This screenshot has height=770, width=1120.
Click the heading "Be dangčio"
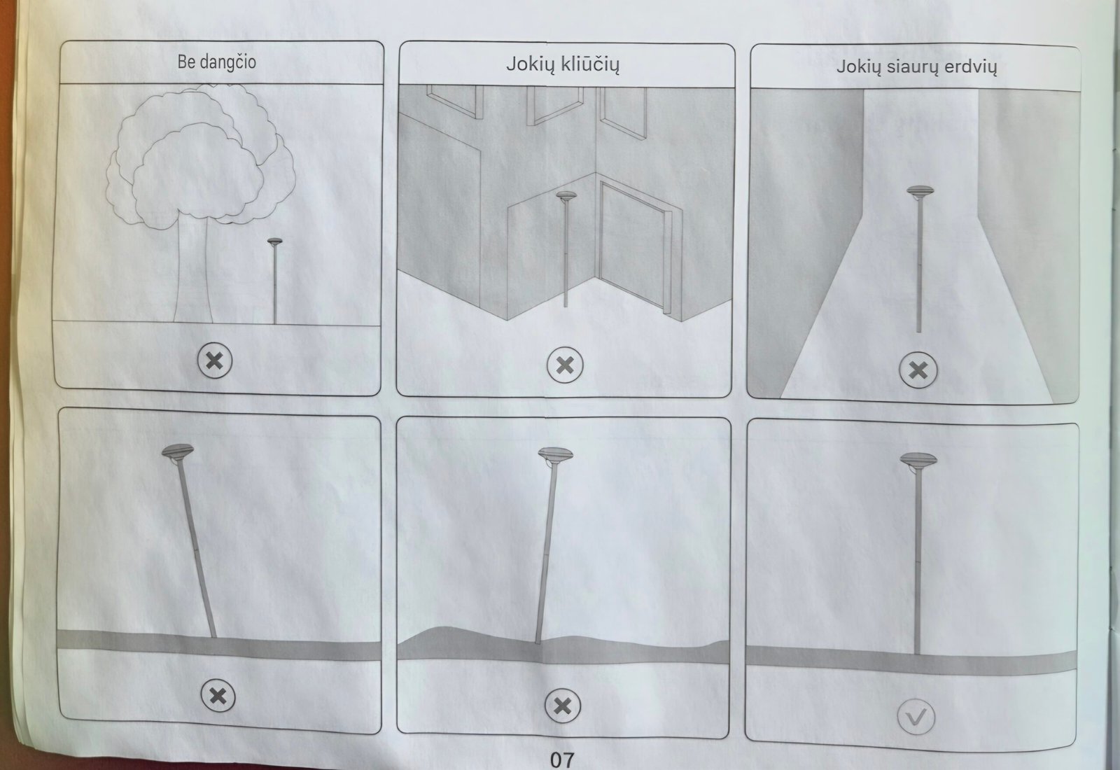tap(216, 62)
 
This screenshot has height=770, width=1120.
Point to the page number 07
tap(562, 759)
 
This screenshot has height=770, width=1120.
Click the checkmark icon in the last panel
tap(916, 717)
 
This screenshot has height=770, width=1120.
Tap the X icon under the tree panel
tap(215, 360)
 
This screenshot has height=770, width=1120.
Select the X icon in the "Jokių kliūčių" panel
tap(565, 365)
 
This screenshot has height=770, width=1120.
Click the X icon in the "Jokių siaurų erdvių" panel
tap(918, 370)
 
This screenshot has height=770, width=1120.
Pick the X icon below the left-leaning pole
tap(218, 696)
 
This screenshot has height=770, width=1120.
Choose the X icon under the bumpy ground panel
tap(563, 706)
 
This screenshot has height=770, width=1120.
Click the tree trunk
tap(192, 270)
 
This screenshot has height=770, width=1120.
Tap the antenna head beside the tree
tap(274, 242)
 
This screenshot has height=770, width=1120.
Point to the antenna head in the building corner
tap(566, 195)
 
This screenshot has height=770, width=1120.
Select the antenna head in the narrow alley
tap(920, 192)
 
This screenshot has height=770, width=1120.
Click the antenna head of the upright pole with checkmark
tap(918, 459)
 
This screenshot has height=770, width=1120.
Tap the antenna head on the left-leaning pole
tap(178, 451)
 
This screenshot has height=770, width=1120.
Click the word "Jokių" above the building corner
tap(531, 64)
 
